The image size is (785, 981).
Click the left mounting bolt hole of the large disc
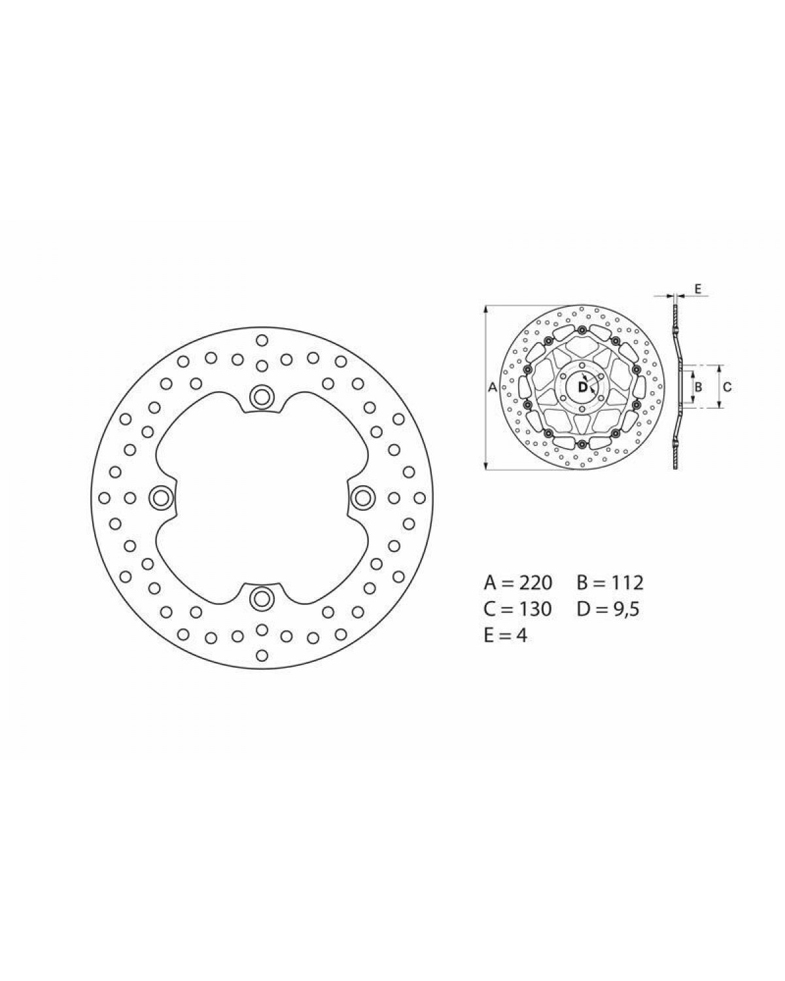[160, 498]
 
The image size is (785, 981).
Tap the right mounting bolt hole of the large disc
[363, 498]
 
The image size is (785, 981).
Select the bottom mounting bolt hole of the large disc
[262, 600]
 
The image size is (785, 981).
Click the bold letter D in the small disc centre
[583, 387]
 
